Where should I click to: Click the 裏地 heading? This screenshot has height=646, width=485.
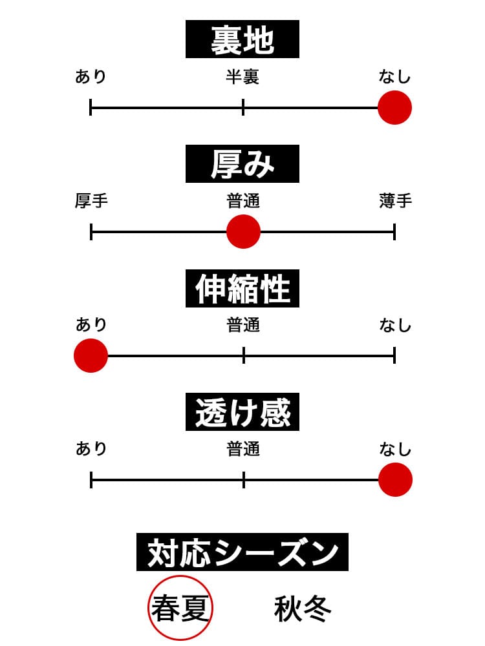click(x=242, y=39)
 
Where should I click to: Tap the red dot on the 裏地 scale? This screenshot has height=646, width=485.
click(x=394, y=107)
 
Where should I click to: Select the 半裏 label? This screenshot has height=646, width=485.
click(x=242, y=78)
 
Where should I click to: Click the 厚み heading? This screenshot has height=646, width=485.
click(x=242, y=164)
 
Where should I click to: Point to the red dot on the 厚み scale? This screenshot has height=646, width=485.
click(x=243, y=231)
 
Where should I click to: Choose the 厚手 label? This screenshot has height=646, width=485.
click(x=91, y=201)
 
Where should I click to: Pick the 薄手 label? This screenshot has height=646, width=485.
click(x=395, y=201)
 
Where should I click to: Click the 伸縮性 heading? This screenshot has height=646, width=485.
click(x=242, y=288)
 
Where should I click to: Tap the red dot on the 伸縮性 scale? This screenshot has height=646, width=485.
click(x=91, y=355)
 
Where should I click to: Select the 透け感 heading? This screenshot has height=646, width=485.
click(x=242, y=412)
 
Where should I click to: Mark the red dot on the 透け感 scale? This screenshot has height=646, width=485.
click(x=395, y=480)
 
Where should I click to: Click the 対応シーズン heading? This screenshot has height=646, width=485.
click(x=242, y=552)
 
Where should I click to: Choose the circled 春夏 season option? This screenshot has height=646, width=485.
click(x=181, y=609)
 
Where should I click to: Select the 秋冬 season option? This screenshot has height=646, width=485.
click(x=303, y=609)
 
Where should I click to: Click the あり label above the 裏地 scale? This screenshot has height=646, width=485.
click(x=91, y=78)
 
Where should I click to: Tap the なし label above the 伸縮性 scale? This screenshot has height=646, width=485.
click(x=395, y=325)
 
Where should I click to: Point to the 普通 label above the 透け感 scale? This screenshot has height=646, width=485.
click(x=243, y=449)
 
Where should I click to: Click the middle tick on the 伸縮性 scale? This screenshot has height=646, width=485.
click(x=244, y=355)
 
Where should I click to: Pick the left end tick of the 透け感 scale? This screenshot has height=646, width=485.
click(x=91, y=480)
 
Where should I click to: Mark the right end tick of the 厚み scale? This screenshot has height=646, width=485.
click(x=394, y=231)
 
